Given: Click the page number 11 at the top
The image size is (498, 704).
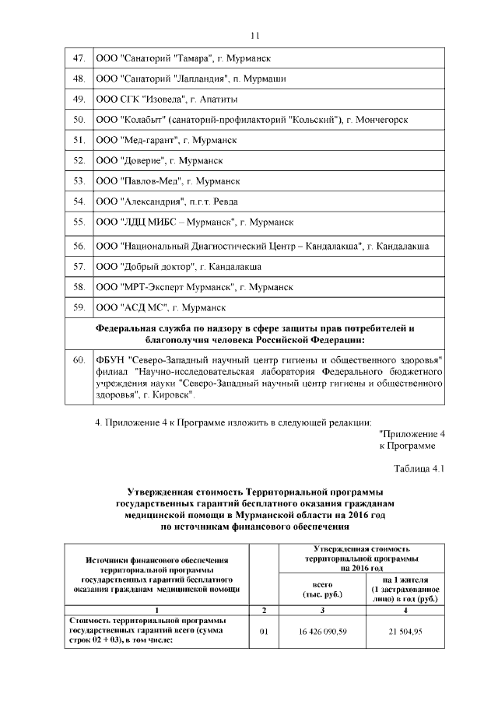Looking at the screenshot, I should [254, 35].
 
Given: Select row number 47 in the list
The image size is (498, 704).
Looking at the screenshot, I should [78, 58].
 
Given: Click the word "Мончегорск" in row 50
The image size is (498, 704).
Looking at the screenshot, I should [380, 120].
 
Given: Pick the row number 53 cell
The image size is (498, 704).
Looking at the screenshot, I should [78, 180].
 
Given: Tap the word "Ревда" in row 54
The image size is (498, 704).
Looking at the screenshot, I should [245, 201].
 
